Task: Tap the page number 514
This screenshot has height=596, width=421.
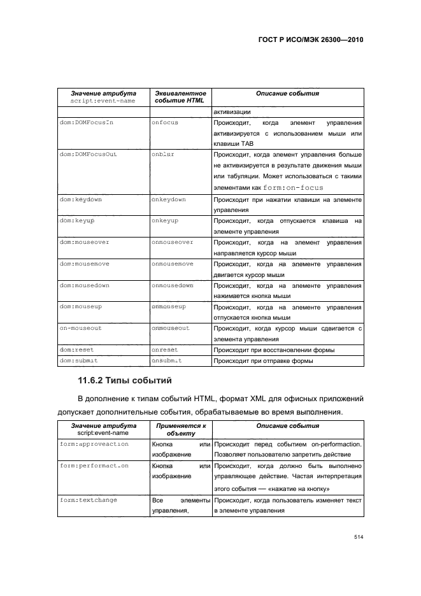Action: [358, 537]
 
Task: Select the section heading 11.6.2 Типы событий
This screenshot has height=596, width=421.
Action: [121, 381]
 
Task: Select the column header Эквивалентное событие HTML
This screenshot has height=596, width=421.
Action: [180, 97]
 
